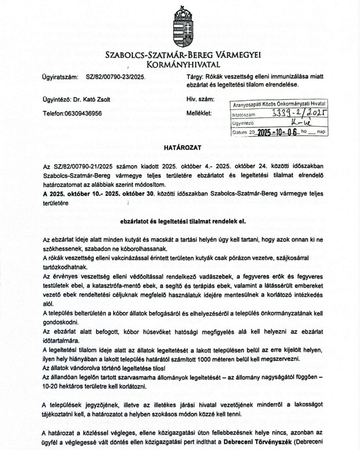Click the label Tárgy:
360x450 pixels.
[194, 76]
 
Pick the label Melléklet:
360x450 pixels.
[199, 113]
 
